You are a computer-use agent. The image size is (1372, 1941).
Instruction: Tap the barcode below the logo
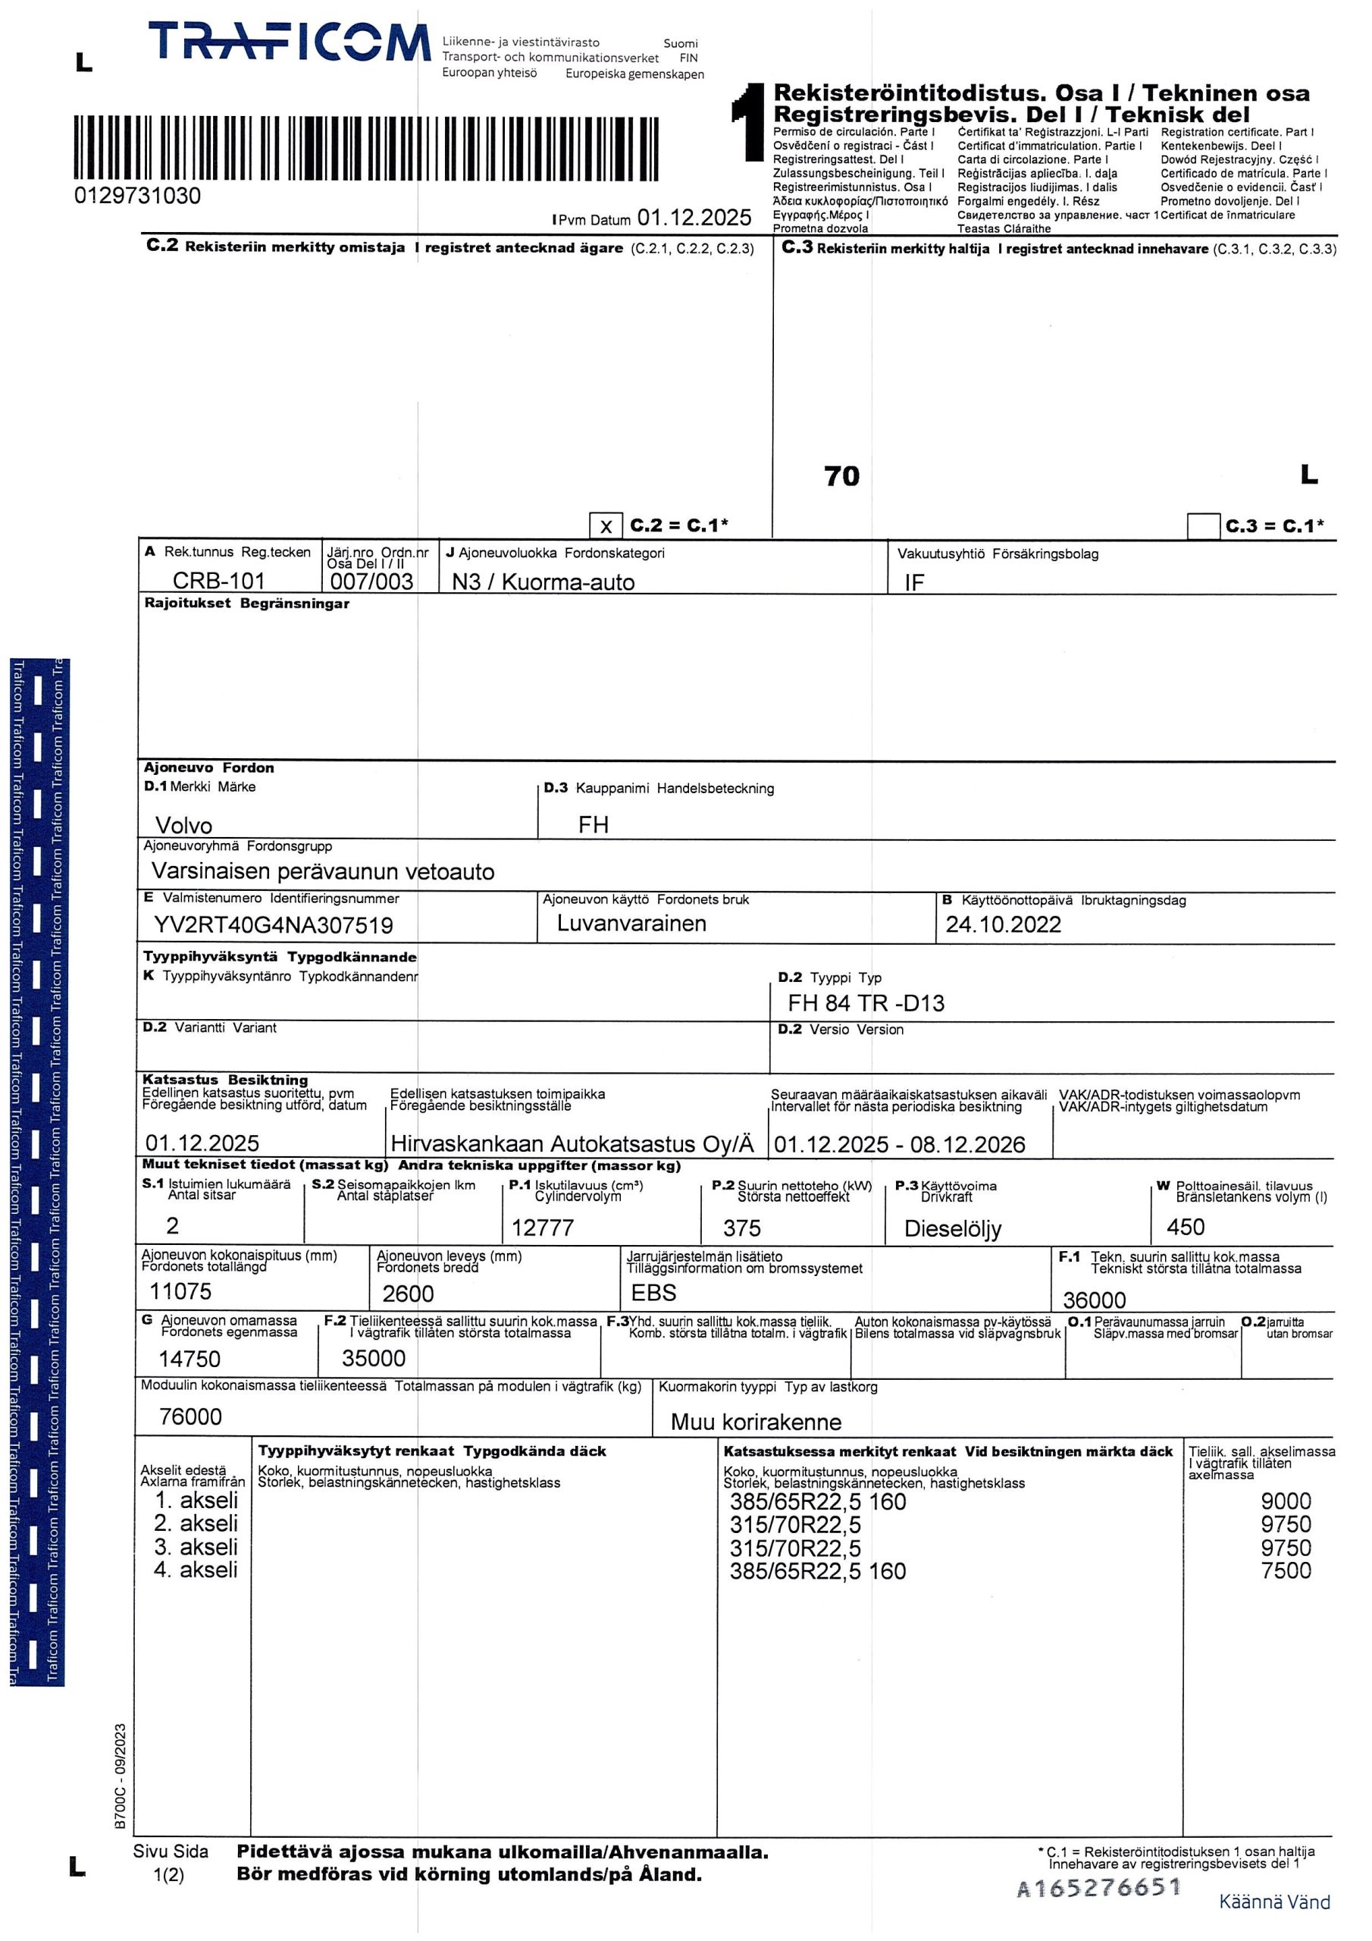pyautogui.click(x=366, y=149)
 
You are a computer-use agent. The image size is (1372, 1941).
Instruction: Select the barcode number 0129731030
pyautogui.click(x=138, y=196)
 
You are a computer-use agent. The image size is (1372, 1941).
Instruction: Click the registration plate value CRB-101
pyautogui.click(x=219, y=581)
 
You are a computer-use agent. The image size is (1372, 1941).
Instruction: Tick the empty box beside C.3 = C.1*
pyautogui.click(x=1203, y=526)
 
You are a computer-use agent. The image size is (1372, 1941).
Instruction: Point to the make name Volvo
pyautogui.click(x=183, y=825)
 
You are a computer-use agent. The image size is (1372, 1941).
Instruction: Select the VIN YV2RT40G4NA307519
pyautogui.click(x=273, y=925)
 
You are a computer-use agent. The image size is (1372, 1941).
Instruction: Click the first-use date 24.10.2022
pyautogui.click(x=1003, y=924)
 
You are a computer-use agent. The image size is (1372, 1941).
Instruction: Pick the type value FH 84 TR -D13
pyautogui.click(x=866, y=1002)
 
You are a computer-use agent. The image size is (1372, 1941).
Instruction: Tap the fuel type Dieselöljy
pyautogui.click(x=952, y=1228)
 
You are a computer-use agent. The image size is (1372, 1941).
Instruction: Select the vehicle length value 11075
pyautogui.click(x=180, y=1291)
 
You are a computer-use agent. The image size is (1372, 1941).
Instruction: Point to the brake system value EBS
pyautogui.click(x=653, y=1293)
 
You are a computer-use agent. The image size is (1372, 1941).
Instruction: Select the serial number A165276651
pyautogui.click(x=1098, y=1888)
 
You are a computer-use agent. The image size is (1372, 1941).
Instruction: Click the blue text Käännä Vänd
pyautogui.click(x=1274, y=1902)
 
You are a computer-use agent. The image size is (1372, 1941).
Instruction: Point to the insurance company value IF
pyautogui.click(x=914, y=582)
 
